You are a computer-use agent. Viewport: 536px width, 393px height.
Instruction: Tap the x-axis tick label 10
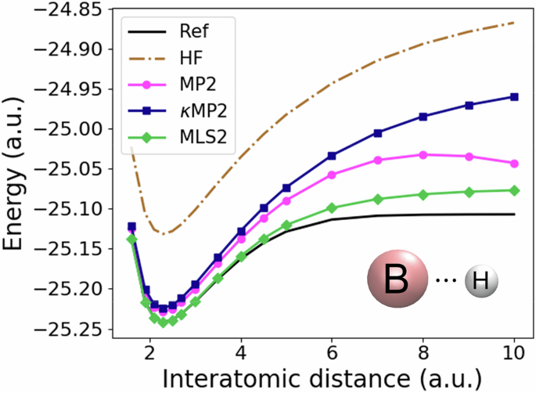pos(514,353)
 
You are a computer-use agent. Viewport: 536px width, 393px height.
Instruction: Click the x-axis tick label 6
pos(333,353)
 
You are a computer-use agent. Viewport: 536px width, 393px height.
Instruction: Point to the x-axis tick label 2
pos(150,353)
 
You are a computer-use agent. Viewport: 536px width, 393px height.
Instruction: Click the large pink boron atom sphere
pos(398,280)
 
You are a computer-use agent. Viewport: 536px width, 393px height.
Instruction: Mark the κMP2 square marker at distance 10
pos(514,96)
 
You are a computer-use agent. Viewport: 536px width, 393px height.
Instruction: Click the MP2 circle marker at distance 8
pos(423,154)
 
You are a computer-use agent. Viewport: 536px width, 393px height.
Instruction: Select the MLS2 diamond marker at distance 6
pos(333,207)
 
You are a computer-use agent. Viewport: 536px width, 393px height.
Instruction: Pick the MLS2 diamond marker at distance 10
pos(514,190)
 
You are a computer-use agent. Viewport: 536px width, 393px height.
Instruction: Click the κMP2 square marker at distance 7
pos(378,133)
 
